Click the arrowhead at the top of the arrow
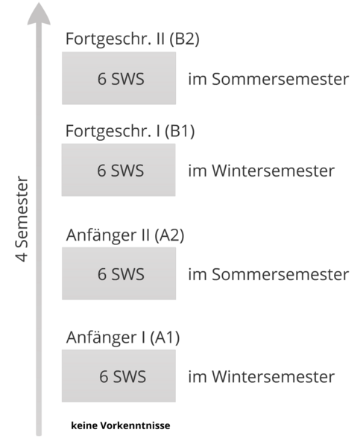click(x=39, y=14)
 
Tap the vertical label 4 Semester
click(x=22, y=218)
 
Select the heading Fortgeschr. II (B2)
click(x=133, y=39)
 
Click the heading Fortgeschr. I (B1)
click(x=130, y=131)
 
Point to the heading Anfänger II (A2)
click(x=125, y=235)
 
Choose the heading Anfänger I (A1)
click(x=123, y=337)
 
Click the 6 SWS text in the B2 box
click(x=121, y=79)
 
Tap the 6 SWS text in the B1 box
click(x=121, y=171)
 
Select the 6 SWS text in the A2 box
click(x=121, y=274)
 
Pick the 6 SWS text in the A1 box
click(x=123, y=376)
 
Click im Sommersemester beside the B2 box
click(x=268, y=79)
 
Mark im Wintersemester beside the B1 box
click(x=262, y=171)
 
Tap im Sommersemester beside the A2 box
click(x=268, y=274)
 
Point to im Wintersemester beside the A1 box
click(x=262, y=376)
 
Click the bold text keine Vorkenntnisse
click(x=121, y=425)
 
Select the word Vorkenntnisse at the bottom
click(x=135, y=425)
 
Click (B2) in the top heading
click(x=184, y=39)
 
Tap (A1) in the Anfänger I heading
click(x=165, y=337)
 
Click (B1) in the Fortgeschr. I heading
click(x=180, y=131)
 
